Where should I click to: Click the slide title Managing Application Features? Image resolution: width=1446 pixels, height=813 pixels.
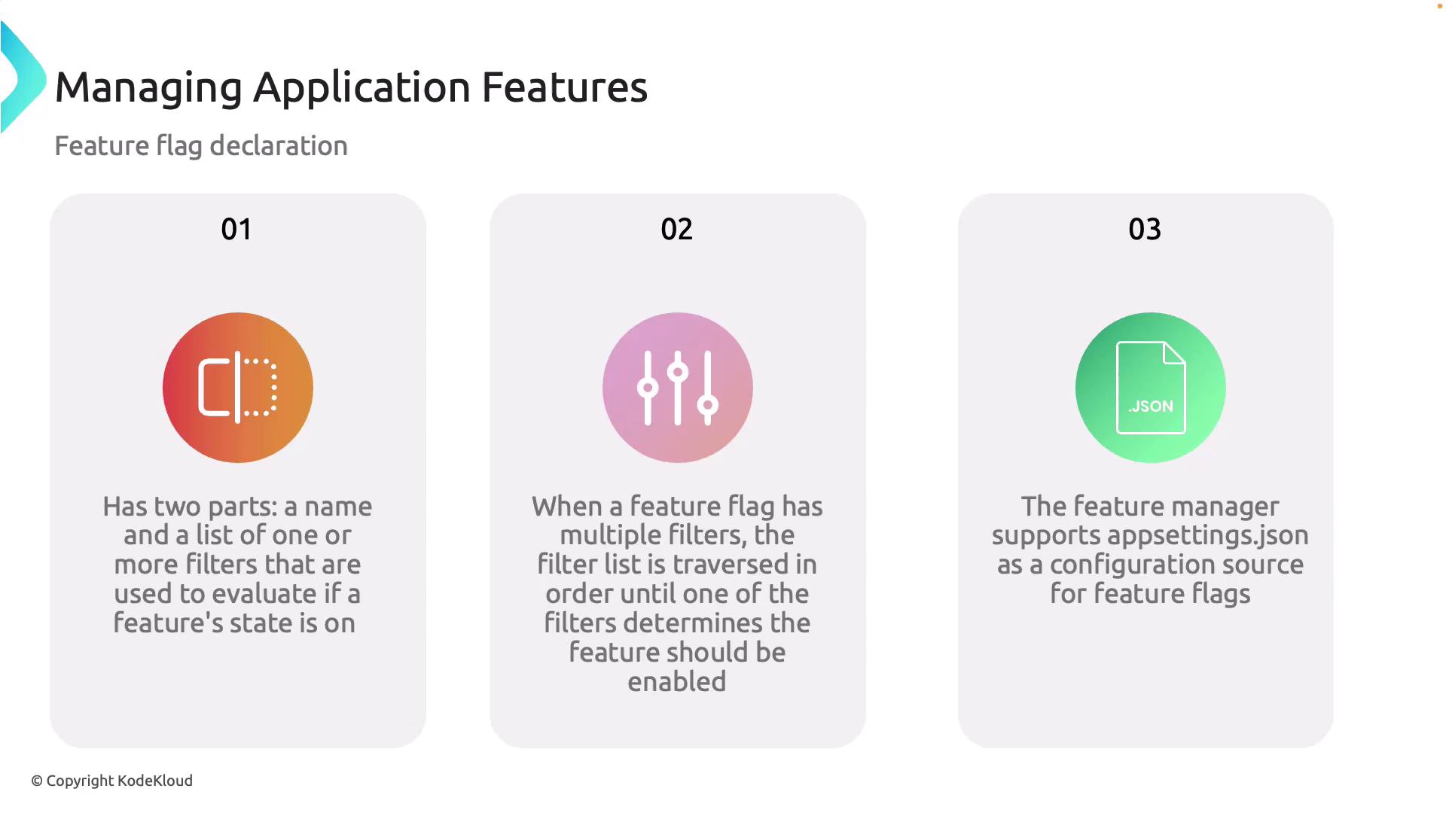351,87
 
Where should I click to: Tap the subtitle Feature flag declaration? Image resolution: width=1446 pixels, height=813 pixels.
201,146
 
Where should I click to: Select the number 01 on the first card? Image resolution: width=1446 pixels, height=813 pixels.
236,229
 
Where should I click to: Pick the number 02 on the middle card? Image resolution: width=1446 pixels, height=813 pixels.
676,229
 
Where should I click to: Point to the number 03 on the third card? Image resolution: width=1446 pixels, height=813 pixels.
1145,229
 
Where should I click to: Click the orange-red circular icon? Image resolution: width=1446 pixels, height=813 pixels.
238,388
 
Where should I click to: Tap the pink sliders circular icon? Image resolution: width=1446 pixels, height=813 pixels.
678,388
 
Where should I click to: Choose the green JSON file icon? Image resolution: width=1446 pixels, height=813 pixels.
1151,388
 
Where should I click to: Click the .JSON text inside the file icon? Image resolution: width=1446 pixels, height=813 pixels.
1151,406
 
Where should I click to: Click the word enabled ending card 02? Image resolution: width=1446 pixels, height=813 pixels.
677,682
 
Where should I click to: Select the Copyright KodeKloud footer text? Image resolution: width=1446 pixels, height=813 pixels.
112,781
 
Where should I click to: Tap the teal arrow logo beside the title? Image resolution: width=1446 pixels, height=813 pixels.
23,78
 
